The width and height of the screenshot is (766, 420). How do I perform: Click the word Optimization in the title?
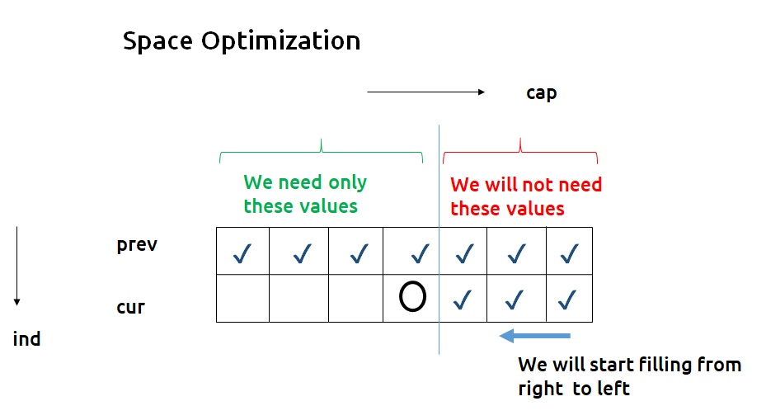pyautogui.click(x=281, y=41)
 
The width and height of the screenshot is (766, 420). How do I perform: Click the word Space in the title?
pyautogui.click(x=157, y=41)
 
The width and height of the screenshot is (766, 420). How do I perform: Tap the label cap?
pyautogui.click(x=541, y=93)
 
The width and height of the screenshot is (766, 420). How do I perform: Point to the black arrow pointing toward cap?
pyautogui.click(x=426, y=92)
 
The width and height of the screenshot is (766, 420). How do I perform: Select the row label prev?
pyautogui.click(x=137, y=245)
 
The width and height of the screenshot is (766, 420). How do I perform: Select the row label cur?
pyautogui.click(x=130, y=308)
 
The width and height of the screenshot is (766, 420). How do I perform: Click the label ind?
pyautogui.click(x=26, y=339)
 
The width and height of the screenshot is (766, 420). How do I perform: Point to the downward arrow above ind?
pyautogui.click(x=17, y=266)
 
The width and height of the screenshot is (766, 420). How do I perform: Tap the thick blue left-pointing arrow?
pyautogui.click(x=535, y=336)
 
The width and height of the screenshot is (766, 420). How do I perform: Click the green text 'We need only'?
pyautogui.click(x=305, y=182)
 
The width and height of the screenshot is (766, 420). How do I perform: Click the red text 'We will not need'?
pyautogui.click(x=526, y=185)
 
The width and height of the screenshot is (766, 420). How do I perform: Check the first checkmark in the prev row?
pyautogui.click(x=242, y=254)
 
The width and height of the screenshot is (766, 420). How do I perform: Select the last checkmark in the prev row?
pyautogui.click(x=569, y=254)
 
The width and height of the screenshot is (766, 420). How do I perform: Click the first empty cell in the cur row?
pyautogui.click(x=242, y=298)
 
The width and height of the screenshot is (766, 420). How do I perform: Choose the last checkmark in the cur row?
pyautogui.click(x=566, y=300)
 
